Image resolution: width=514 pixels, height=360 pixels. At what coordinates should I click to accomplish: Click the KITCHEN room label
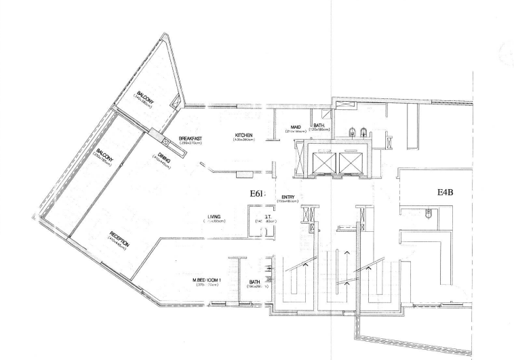click(244, 136)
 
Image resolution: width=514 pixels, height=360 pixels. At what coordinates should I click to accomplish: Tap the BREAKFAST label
click(191, 138)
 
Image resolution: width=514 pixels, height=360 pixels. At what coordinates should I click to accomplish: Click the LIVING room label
click(214, 217)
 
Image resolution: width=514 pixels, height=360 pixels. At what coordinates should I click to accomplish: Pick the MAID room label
click(296, 126)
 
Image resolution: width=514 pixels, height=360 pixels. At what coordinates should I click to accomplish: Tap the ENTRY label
click(278, 197)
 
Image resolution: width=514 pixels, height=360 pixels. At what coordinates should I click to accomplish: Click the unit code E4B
click(445, 192)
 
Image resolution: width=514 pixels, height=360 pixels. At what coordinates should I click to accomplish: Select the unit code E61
click(256, 194)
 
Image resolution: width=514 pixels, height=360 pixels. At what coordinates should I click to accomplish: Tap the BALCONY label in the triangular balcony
click(145, 94)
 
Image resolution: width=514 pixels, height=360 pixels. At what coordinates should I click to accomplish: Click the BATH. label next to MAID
click(319, 126)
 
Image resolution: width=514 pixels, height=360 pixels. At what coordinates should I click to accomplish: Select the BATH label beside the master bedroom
click(255, 282)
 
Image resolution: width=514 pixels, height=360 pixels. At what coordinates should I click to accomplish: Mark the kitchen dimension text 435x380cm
click(244, 140)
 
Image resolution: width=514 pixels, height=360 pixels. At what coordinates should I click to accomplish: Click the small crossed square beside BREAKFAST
click(167, 141)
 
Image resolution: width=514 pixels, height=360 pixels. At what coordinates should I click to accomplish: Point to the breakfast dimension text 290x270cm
click(191, 143)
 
